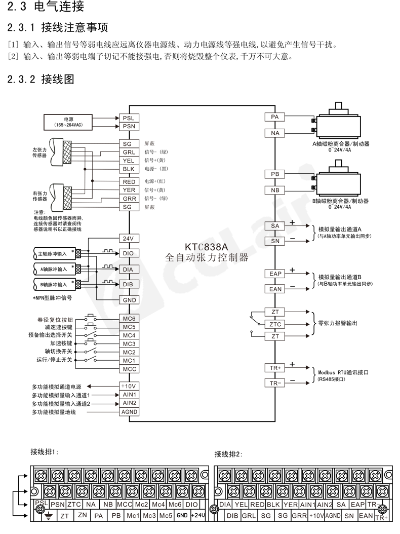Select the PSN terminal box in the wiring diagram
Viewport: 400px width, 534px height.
[x=128, y=126]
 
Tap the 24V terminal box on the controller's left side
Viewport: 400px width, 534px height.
[x=128, y=238]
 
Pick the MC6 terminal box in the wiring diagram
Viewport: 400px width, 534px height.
[x=128, y=319]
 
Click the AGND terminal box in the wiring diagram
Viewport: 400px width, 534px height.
[x=128, y=412]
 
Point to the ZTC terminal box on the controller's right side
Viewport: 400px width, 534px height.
[x=275, y=324]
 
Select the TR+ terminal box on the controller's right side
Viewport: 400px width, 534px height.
[x=275, y=367]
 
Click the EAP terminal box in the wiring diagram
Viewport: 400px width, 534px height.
[x=275, y=274]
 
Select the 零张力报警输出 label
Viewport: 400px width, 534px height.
[x=337, y=322]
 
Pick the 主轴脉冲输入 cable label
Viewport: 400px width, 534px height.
[x=52, y=252]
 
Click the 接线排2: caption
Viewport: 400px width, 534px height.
[x=228, y=454]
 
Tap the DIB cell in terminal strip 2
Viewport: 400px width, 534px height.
[x=232, y=516]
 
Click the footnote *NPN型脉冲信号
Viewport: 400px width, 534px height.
[x=52, y=298]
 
